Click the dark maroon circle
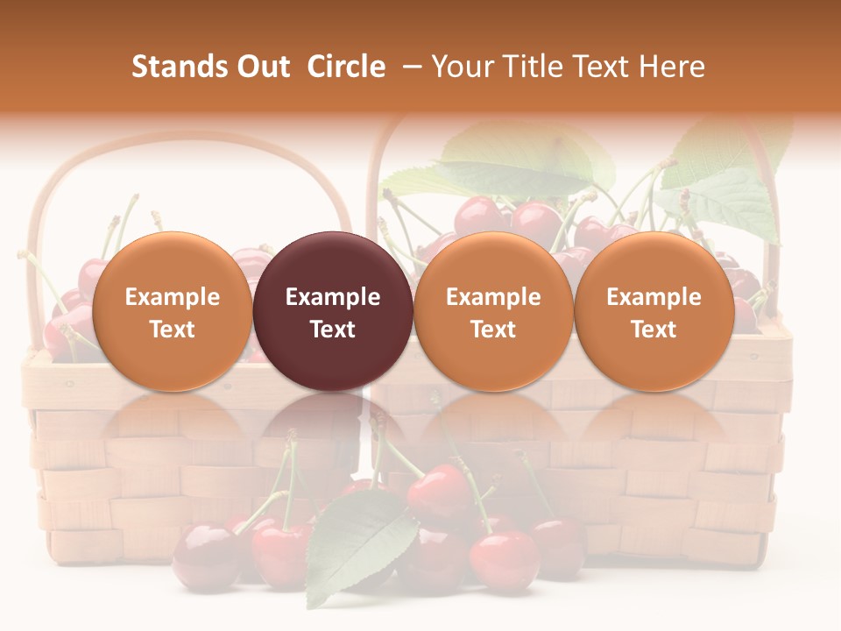click(x=333, y=311)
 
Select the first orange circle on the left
click(x=173, y=311)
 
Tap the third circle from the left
click(x=493, y=311)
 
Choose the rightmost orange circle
click(x=654, y=311)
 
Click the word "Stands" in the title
click(x=178, y=67)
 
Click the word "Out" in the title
click(x=261, y=67)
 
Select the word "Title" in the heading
click(x=534, y=67)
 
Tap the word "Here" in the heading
click(x=672, y=67)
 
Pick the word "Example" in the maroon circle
click(x=333, y=297)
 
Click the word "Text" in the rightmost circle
click(x=654, y=330)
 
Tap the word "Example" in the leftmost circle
click(x=173, y=297)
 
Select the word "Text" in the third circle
click(x=493, y=330)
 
